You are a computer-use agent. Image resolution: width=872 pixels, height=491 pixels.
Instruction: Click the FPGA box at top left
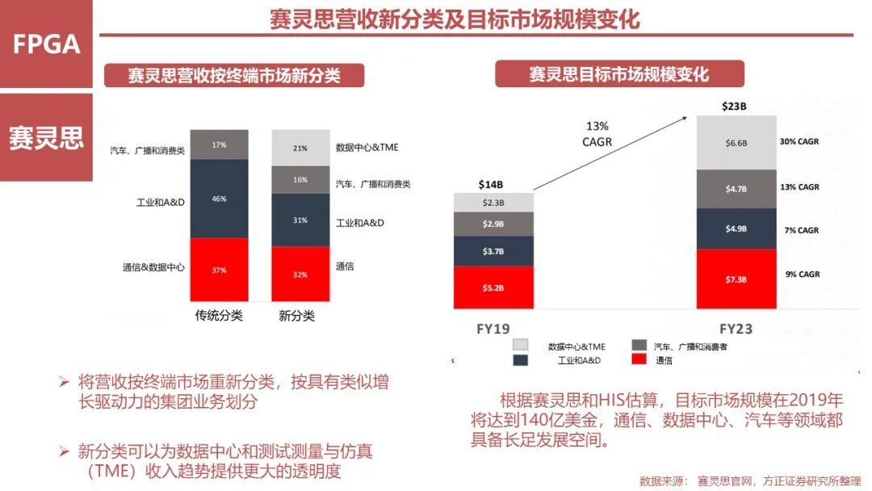(x=46, y=44)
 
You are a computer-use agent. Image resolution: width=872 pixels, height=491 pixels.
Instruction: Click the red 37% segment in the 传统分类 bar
(x=219, y=270)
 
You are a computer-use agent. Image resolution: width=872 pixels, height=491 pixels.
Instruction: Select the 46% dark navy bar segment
(x=219, y=199)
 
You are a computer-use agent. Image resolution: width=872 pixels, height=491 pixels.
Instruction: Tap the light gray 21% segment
(x=300, y=147)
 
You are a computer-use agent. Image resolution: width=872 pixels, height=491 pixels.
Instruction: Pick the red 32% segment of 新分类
(x=300, y=274)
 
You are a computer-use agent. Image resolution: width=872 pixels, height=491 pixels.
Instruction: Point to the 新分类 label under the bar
(x=296, y=316)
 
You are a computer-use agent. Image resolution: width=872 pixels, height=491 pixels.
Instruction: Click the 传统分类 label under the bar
(x=218, y=316)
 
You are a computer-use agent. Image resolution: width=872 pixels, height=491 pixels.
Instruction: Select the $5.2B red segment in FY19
(x=493, y=287)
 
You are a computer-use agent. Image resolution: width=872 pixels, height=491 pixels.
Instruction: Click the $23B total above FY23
(x=733, y=106)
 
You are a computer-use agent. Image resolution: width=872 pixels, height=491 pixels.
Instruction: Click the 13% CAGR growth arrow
(x=610, y=153)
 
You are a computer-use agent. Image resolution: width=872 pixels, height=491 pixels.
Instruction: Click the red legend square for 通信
(x=638, y=360)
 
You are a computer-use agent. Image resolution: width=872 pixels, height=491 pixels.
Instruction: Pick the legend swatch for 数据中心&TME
(x=520, y=345)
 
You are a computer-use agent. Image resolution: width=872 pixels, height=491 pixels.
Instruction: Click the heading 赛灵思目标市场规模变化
(x=618, y=75)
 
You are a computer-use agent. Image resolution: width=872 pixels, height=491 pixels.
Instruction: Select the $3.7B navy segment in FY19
(x=493, y=251)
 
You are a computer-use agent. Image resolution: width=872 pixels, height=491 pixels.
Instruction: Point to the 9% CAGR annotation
(x=802, y=275)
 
